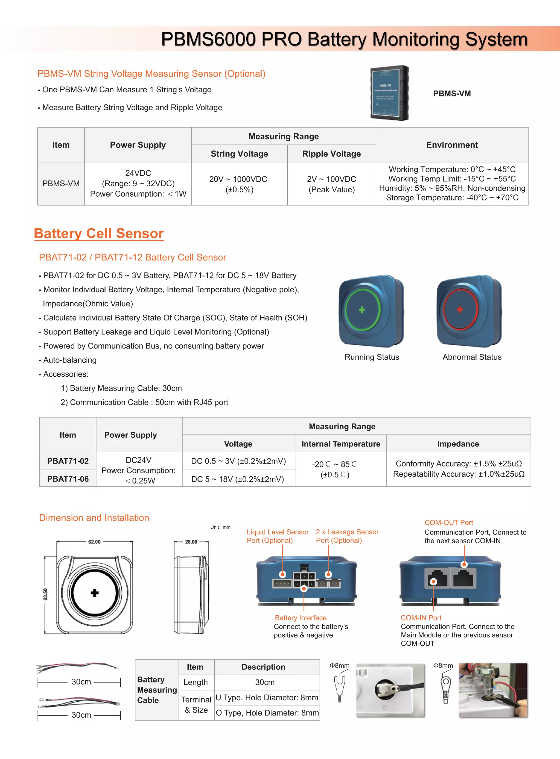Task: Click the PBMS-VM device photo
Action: [x=390, y=93]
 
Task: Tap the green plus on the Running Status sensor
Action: [x=362, y=309]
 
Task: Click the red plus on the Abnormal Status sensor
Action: [x=460, y=309]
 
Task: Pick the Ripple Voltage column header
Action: [x=331, y=154]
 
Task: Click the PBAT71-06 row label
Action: [x=68, y=479]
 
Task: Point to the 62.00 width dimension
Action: [x=94, y=542]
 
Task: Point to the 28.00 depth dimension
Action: [x=191, y=542]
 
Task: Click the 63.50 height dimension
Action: [x=45, y=594]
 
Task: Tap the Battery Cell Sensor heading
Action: [x=99, y=233]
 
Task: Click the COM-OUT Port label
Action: [x=448, y=522]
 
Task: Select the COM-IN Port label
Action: [x=421, y=618]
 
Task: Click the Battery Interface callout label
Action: [x=300, y=618]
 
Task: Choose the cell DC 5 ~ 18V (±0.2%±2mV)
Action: [x=238, y=479]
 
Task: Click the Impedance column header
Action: [x=458, y=444]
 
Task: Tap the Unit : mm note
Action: [x=220, y=527]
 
